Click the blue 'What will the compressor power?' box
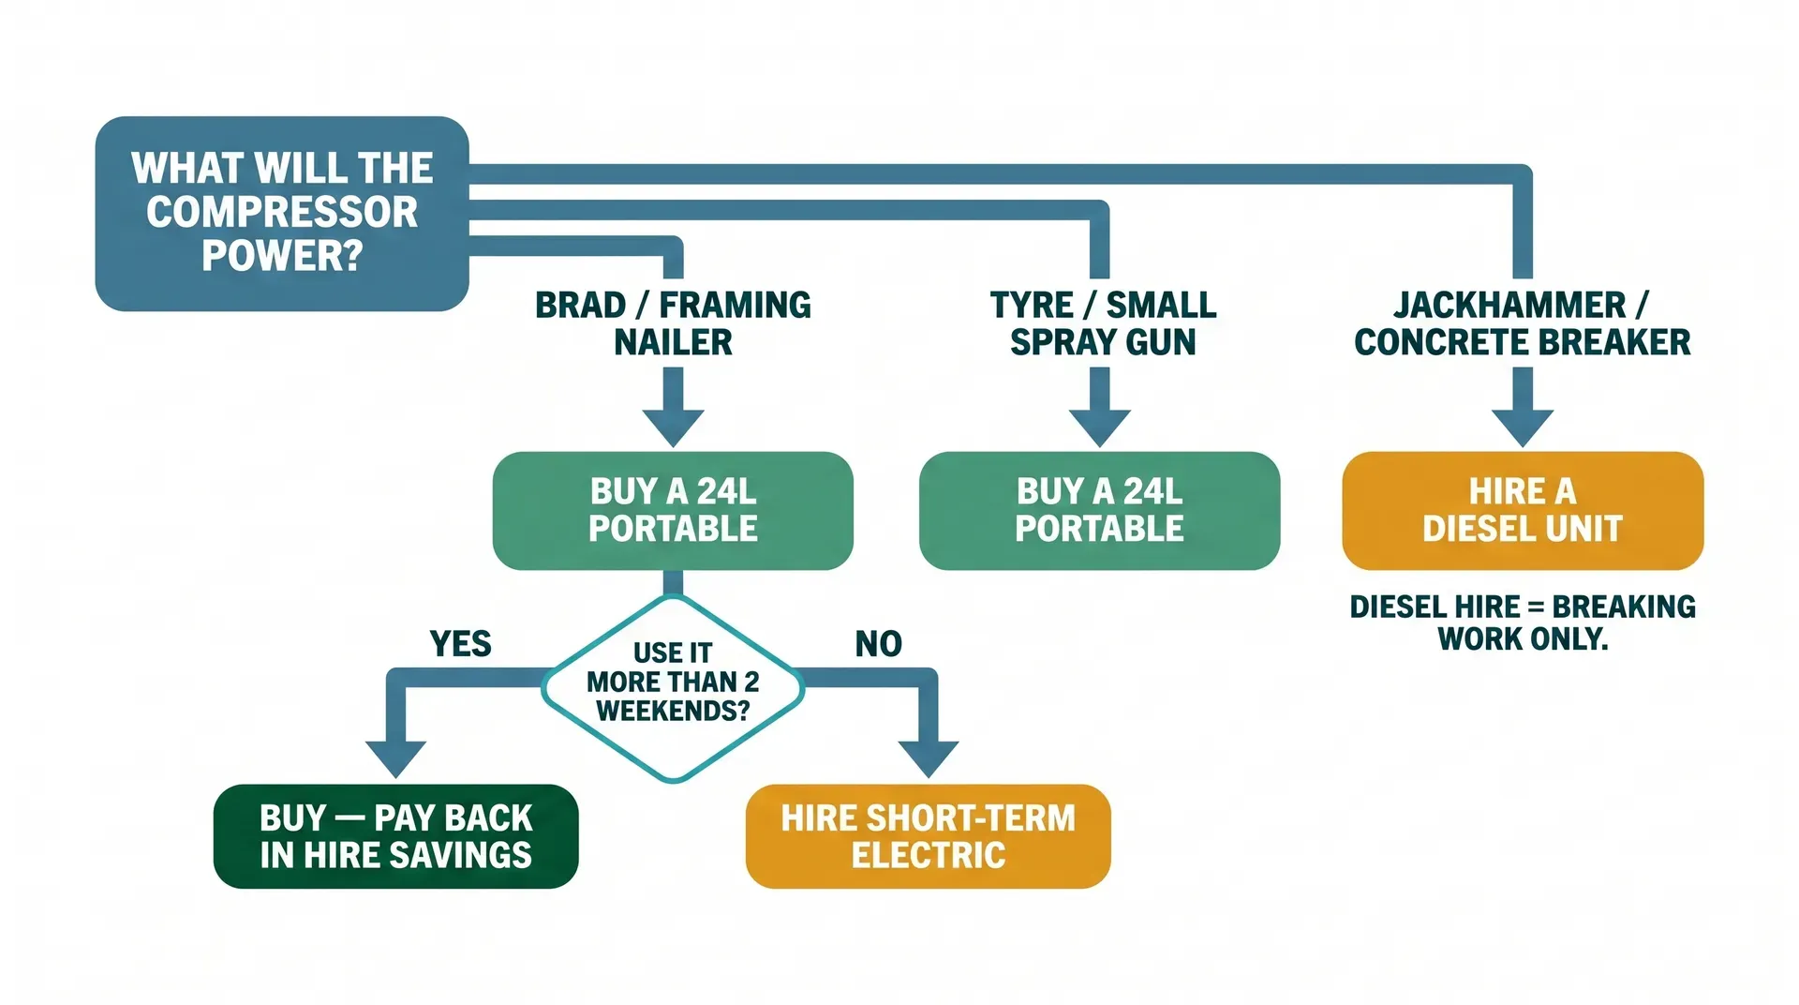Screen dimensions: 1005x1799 tap(281, 214)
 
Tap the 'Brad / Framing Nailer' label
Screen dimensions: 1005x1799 tap(673, 323)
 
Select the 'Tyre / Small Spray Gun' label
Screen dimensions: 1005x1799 tap(1103, 323)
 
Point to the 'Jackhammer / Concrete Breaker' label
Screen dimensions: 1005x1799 tap(1522, 323)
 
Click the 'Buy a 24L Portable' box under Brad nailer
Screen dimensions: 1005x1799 tap(673, 510)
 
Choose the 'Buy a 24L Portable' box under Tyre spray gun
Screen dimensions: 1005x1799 tap(1099, 510)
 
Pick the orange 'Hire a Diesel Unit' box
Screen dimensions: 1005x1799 tap(1522, 510)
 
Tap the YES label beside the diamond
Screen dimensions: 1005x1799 tap(460, 644)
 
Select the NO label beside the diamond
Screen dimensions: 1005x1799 tap(878, 644)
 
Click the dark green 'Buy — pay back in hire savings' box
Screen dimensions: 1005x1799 tap(395, 836)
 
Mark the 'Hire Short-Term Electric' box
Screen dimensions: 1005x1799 tap(928, 836)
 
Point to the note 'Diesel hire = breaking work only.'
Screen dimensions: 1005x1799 tap(1522, 622)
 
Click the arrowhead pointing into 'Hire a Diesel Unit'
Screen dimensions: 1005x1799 tap(1522, 427)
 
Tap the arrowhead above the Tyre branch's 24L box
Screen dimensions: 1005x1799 tap(1099, 427)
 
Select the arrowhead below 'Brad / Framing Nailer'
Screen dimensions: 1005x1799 tap(673, 427)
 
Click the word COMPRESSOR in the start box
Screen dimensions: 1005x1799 tap(281, 212)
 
